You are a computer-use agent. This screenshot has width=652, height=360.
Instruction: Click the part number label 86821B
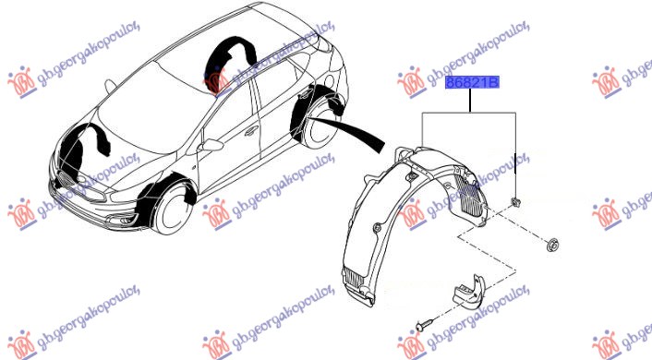pos(472,83)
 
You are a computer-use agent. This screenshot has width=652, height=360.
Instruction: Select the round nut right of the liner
pos(553,245)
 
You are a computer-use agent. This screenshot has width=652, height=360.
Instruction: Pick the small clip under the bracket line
pos(515,202)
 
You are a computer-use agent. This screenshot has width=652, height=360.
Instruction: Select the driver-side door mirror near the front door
pos(211,145)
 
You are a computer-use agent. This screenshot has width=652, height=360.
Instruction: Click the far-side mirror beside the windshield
pos(110,86)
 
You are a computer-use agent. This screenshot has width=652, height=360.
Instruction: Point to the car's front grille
pos(66,180)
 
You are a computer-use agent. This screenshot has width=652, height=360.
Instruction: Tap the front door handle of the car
pos(251,131)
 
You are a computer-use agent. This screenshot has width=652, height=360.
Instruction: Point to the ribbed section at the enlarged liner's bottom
pos(356,277)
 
